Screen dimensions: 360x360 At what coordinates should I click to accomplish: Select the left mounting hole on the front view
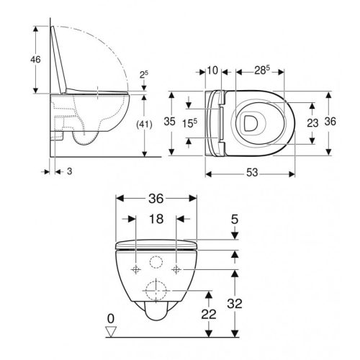tap(135, 269)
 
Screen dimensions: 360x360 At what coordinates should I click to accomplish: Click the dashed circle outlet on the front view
tap(156, 292)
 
